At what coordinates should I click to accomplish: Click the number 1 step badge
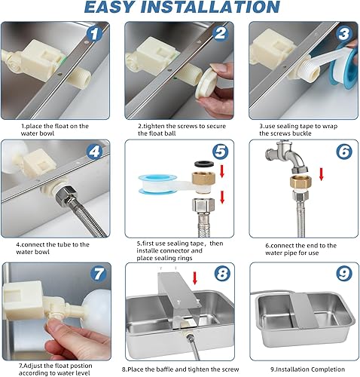[94, 34]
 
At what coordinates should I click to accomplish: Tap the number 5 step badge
[220, 152]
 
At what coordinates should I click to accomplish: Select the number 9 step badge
[344, 274]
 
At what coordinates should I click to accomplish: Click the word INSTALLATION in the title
[210, 7]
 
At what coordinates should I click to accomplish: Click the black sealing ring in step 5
[204, 164]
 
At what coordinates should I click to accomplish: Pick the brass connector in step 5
[204, 178]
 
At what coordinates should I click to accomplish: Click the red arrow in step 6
[322, 174]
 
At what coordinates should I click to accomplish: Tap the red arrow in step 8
[195, 278]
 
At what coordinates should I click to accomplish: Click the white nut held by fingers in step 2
[205, 84]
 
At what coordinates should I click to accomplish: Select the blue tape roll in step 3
[344, 66]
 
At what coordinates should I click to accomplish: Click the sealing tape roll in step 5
[154, 185]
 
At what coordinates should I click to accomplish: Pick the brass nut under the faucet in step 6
[301, 182]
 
